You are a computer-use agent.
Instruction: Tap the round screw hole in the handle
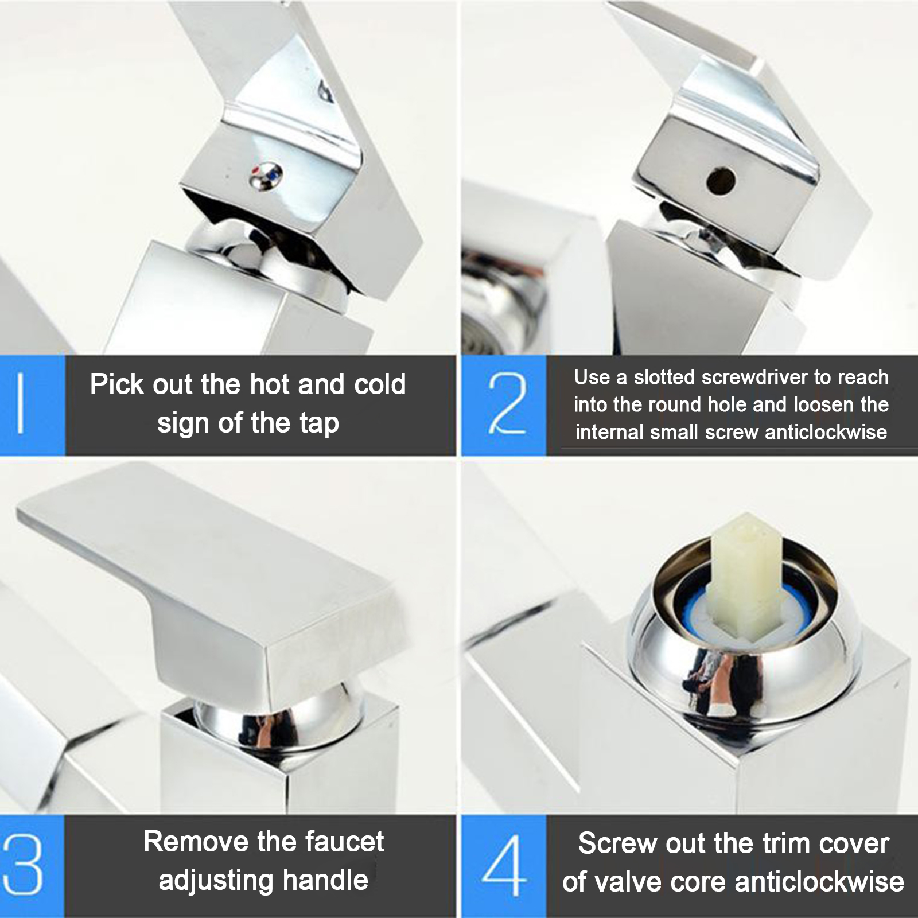[721, 179]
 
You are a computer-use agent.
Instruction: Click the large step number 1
[21, 404]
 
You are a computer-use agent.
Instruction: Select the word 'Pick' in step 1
[112, 384]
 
